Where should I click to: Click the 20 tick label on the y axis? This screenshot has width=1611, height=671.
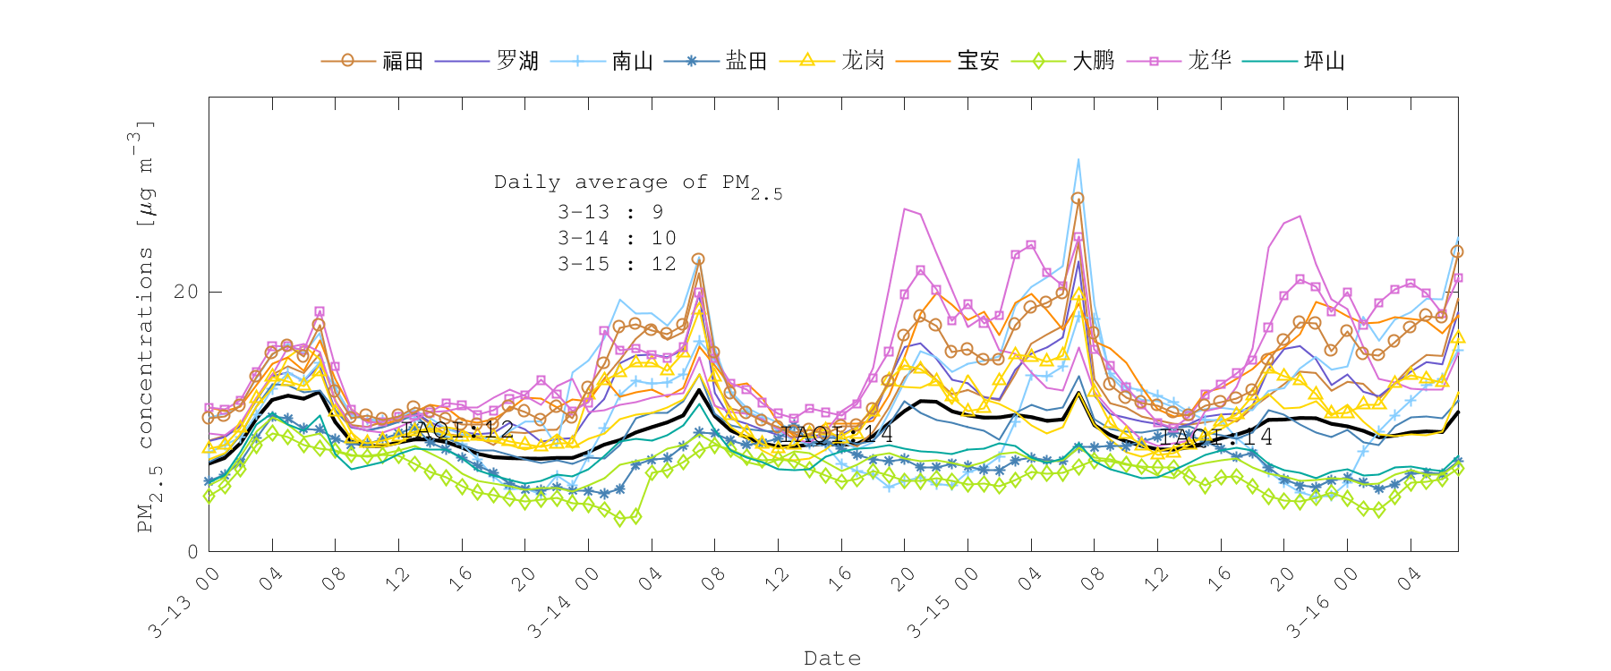coord(186,292)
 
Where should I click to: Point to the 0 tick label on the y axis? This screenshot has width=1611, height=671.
coord(192,552)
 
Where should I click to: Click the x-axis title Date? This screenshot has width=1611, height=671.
coord(832,658)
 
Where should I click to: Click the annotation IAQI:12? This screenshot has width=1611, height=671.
coord(457,430)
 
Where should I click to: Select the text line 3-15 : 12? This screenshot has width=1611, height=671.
coord(617,264)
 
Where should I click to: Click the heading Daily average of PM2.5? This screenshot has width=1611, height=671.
coord(637,183)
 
